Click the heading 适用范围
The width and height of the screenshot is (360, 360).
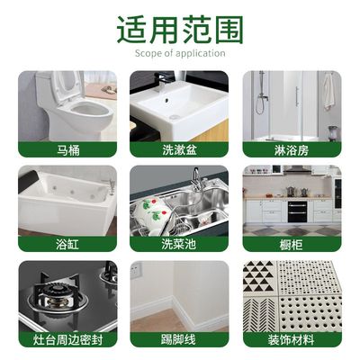180,30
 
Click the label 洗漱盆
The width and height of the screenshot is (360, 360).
179,149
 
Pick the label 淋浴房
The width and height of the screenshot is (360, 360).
292,149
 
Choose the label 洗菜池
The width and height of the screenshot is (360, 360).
179,244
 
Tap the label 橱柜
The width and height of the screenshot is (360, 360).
292,244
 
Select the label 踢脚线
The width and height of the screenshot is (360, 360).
179,339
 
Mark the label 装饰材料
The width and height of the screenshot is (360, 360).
292,339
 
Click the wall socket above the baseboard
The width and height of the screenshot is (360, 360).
137,269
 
